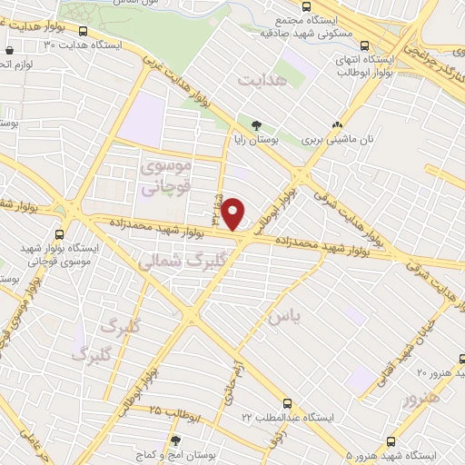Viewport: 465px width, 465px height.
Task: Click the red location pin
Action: (x=233, y=213)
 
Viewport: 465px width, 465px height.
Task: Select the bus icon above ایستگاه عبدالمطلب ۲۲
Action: (x=287, y=402)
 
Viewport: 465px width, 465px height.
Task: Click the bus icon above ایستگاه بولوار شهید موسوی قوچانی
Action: (x=70, y=209)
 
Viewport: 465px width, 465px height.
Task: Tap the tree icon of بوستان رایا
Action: (x=256, y=126)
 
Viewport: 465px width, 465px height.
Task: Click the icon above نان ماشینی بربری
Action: (x=338, y=126)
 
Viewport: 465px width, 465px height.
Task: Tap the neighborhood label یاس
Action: (x=281, y=317)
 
